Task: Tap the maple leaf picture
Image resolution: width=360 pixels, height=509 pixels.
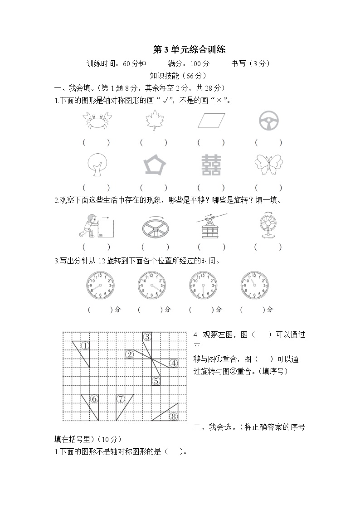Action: [153, 121]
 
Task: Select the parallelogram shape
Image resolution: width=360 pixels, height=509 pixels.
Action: [211, 121]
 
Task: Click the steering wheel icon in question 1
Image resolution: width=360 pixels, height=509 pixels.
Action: [268, 121]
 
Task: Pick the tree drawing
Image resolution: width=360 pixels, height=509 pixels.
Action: [96, 165]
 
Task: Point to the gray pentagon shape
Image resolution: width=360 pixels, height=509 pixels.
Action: [154, 165]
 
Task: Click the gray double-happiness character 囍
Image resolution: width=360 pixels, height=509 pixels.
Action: [211, 165]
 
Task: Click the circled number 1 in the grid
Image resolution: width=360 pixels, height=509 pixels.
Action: [85, 346]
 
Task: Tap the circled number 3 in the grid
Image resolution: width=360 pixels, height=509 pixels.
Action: [147, 337]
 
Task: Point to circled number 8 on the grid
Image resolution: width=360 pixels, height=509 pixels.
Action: [173, 416]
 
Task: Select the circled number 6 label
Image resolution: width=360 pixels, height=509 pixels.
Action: [94, 399]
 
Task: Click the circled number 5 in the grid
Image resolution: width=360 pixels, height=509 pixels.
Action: [156, 381]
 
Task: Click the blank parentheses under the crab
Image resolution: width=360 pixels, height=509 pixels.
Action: [96, 142]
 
